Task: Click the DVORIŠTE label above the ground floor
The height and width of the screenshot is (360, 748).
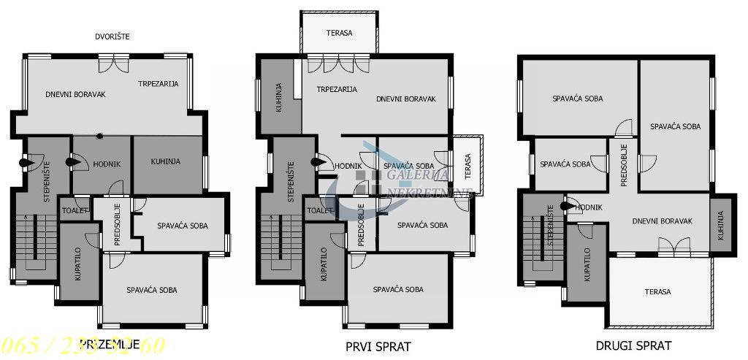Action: (117, 36)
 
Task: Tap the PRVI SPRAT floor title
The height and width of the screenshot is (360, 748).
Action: (378, 345)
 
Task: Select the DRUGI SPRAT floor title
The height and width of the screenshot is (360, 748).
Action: (633, 345)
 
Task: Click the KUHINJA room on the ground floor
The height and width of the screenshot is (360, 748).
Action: (166, 161)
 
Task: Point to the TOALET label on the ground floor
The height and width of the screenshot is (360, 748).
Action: (75, 210)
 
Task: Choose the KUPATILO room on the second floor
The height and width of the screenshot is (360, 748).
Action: (587, 264)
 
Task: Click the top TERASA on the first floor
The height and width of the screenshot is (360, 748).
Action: (338, 34)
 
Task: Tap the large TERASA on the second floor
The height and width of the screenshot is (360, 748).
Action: (657, 291)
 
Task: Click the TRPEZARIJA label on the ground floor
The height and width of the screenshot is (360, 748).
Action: (159, 84)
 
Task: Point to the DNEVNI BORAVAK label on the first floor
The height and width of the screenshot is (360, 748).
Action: (406, 99)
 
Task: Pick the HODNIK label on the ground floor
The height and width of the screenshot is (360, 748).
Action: (107, 164)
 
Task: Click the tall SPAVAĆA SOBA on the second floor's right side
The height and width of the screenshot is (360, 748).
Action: (675, 126)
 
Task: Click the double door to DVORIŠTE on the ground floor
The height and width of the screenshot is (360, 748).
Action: (115, 64)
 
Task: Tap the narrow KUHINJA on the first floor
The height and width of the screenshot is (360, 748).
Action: (278, 97)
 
